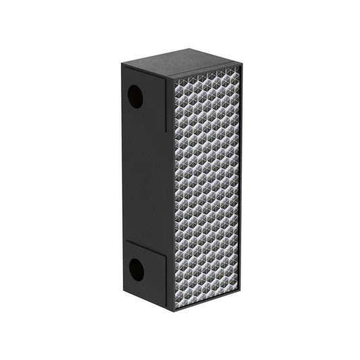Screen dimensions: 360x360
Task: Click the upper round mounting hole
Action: click(x=135, y=97)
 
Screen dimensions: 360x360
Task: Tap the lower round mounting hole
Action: click(x=136, y=270)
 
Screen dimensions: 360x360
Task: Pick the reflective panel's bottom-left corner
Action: click(x=176, y=307)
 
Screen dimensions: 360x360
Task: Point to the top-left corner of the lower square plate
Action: click(x=124, y=241)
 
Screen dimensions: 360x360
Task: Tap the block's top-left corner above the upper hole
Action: click(x=122, y=64)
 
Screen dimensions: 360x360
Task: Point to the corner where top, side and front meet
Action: click(x=168, y=78)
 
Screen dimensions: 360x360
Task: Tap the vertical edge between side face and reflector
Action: click(x=170, y=196)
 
